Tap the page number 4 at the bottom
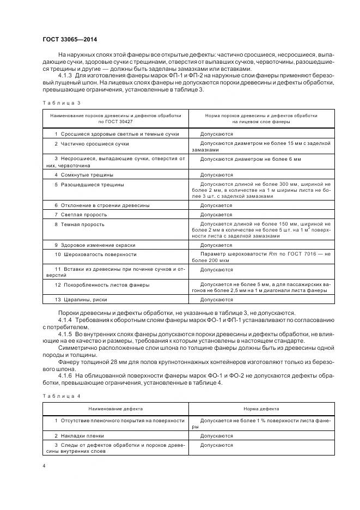coord(44,465)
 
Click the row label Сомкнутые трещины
coord(87,175)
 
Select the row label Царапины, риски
coord(84,300)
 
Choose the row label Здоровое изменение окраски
coord(100,245)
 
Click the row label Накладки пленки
coord(82,436)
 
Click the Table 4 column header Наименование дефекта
coord(115,408)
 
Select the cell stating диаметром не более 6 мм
coord(250,159)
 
